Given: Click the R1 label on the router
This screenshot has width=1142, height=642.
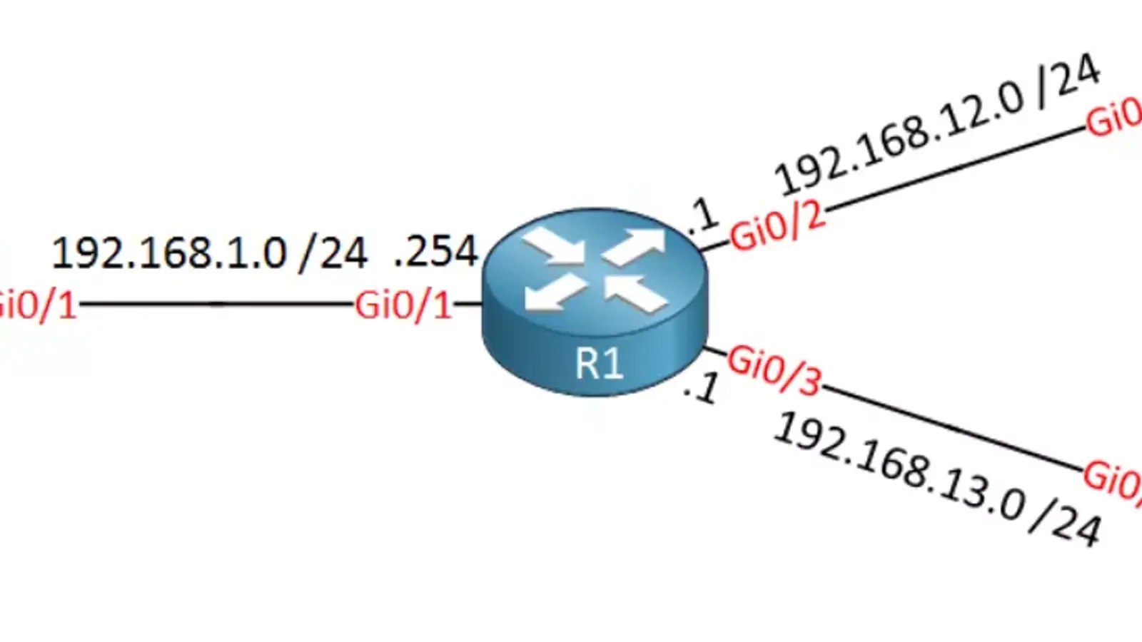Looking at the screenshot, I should tap(599, 363).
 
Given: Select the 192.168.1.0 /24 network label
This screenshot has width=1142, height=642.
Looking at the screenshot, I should tap(209, 253).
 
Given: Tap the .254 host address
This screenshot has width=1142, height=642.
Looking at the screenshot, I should tap(435, 251).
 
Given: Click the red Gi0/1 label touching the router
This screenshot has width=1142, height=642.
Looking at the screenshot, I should tap(404, 305).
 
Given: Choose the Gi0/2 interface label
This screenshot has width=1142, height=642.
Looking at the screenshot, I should tap(777, 228).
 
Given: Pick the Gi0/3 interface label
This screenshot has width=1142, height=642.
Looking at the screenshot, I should tap(774, 370).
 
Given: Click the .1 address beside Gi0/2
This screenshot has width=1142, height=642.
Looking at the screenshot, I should tap(702, 217).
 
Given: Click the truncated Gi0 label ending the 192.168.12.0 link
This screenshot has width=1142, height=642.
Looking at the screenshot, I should tap(1114, 118).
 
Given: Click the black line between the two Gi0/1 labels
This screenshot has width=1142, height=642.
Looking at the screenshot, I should tap(214, 305).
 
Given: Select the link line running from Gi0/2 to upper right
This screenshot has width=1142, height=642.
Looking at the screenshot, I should tap(956, 169).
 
